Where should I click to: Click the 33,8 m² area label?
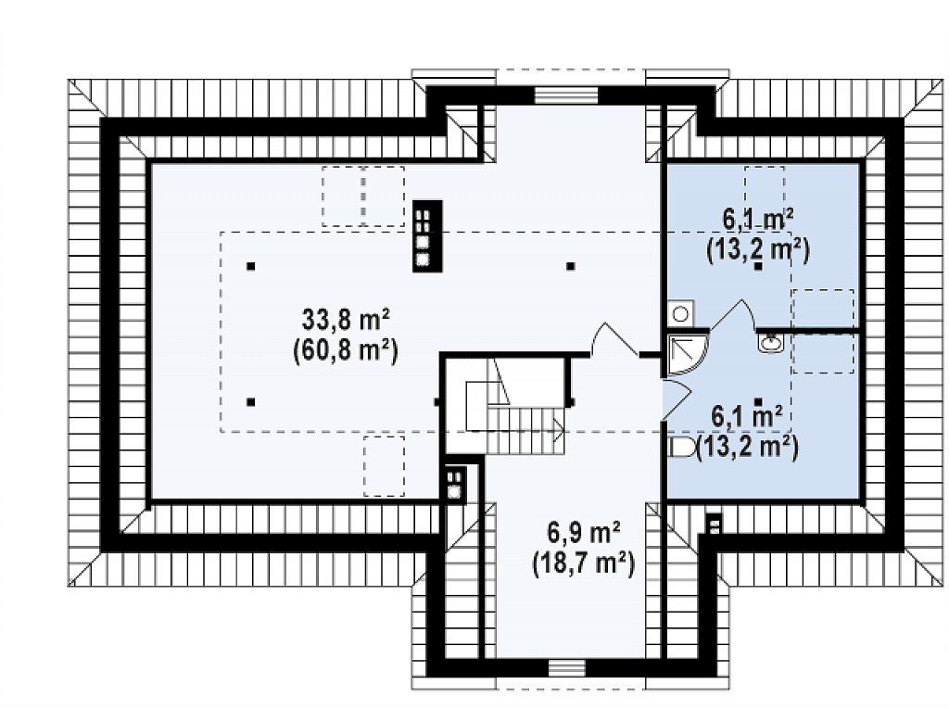tap(346, 320)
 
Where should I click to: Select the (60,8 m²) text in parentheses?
tap(346, 350)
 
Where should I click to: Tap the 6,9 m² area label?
tap(584, 533)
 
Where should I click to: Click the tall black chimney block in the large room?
tap(427, 236)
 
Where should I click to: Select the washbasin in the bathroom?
tap(770, 344)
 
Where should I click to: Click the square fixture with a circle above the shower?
tap(680, 313)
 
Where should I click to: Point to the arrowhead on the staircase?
tap(559, 430)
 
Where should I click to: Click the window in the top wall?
tap(566, 96)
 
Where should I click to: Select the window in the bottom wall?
tap(568, 667)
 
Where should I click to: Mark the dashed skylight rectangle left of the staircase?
tap(384, 466)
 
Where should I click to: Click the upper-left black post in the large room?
tap(250, 266)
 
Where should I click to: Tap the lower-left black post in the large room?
tap(250, 401)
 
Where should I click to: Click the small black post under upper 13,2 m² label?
tap(758, 266)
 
